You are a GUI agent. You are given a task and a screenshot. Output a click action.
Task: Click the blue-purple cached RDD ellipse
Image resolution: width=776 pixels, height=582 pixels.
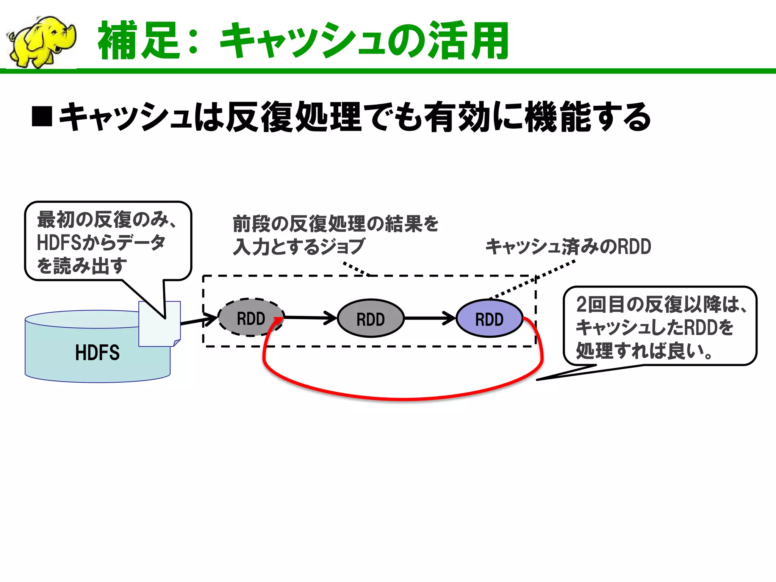[x=489, y=319]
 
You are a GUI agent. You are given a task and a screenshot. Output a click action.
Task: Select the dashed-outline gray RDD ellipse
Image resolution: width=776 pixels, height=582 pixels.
[x=250, y=318]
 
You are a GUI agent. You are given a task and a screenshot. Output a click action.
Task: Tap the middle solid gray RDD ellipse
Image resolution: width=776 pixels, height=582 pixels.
[x=370, y=319]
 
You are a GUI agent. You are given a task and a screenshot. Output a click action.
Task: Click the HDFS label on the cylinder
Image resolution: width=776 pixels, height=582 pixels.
[x=97, y=353]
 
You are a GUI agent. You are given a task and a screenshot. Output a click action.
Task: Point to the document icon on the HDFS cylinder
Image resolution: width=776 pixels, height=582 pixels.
[x=159, y=324]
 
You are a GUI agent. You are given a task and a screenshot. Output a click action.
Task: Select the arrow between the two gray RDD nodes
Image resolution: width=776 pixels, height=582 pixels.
[x=311, y=318]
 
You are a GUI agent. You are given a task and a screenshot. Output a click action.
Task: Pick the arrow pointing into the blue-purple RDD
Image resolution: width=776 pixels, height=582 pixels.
[x=430, y=318]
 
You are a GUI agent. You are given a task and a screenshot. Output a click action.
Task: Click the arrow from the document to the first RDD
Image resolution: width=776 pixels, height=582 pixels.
[x=199, y=321]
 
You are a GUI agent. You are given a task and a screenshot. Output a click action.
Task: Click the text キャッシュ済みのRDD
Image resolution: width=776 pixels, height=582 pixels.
[x=568, y=247]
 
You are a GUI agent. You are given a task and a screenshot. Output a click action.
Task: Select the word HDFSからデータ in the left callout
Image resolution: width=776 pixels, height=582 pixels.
[x=101, y=243]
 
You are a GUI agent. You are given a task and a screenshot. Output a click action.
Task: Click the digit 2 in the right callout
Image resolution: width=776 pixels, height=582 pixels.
[x=581, y=304]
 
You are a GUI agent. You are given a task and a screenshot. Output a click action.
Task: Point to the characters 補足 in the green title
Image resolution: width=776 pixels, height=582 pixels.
[x=139, y=41]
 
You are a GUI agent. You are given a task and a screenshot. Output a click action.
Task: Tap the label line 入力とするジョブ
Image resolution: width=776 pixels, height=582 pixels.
[x=299, y=247]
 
